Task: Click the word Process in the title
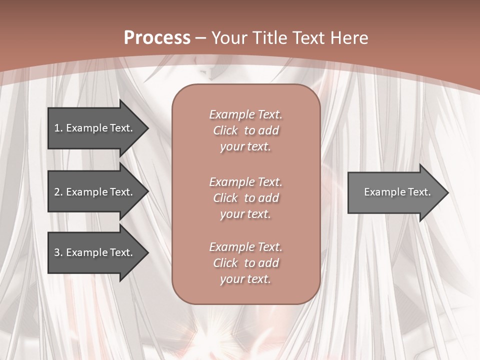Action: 157,37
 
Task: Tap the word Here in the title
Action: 350,37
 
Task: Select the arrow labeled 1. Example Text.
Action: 93,128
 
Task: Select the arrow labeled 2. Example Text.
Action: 93,192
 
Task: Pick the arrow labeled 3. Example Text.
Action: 93,252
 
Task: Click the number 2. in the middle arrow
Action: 58,192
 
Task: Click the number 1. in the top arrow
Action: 58,128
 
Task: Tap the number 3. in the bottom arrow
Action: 58,252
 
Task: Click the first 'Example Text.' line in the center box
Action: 245,114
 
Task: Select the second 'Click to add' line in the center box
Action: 245,198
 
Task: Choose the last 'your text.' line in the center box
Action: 245,279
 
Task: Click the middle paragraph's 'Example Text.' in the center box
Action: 245,181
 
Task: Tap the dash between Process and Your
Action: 200,38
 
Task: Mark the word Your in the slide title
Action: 229,37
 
